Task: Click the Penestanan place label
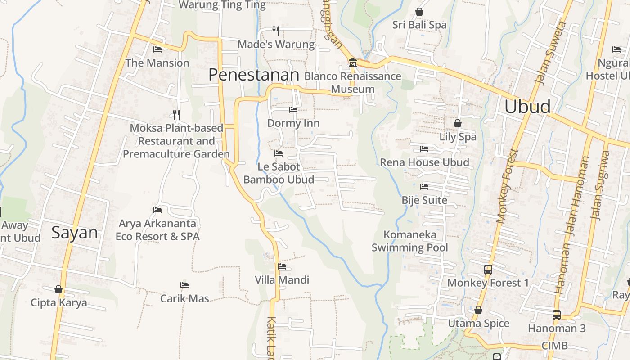[x=254, y=75]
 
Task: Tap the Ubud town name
[x=527, y=107]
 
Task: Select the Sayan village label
[x=75, y=233]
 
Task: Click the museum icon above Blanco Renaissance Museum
[x=352, y=63]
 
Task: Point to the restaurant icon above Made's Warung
[x=276, y=31]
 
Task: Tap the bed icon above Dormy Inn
[x=293, y=110]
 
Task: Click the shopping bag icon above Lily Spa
[x=457, y=123]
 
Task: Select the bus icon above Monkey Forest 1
[x=488, y=270]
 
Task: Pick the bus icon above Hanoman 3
[x=557, y=315]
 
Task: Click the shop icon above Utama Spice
[x=478, y=310]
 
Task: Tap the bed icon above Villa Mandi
[x=282, y=266]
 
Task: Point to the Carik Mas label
[x=184, y=298]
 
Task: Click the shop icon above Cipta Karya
[x=58, y=289]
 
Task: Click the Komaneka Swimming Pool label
[x=409, y=241]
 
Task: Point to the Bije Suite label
[x=424, y=200]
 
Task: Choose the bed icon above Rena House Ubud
[x=424, y=149]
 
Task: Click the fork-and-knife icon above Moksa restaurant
[x=176, y=114]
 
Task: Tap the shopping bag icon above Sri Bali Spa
[x=419, y=11]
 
